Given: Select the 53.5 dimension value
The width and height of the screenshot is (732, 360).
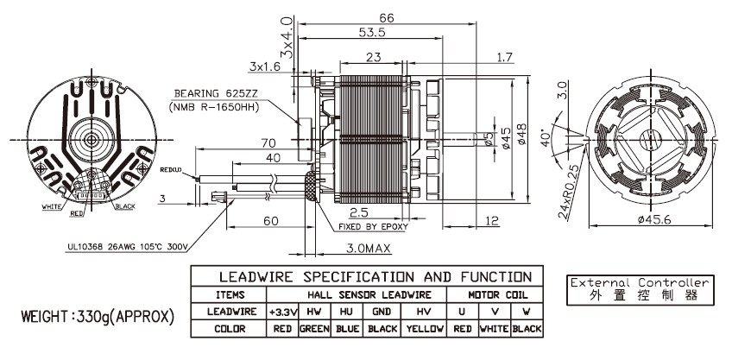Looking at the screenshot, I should [372, 33].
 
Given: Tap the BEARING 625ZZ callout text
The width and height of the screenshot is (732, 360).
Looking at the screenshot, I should [211, 93].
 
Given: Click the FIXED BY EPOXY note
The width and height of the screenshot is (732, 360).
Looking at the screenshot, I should [372, 227].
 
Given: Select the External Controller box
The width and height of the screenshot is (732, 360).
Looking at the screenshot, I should [640, 289].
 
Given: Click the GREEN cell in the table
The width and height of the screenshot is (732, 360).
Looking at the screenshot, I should [316, 329].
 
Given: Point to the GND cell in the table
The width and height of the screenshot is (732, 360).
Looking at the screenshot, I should [382, 311].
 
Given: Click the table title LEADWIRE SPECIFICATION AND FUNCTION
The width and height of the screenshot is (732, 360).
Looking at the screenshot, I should [363, 277].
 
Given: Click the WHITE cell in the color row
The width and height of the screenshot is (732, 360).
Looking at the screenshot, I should [494, 329].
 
